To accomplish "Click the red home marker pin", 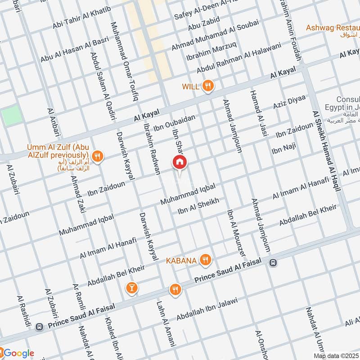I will tap(180, 162).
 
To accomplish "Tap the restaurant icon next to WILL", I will tap(207, 86).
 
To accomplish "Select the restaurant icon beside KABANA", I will tap(205, 259).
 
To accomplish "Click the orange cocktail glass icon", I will tap(132, 287).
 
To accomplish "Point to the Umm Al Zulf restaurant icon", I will tap(98, 156).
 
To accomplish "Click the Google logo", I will tap(17, 352).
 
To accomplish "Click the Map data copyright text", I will tap(336, 355).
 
